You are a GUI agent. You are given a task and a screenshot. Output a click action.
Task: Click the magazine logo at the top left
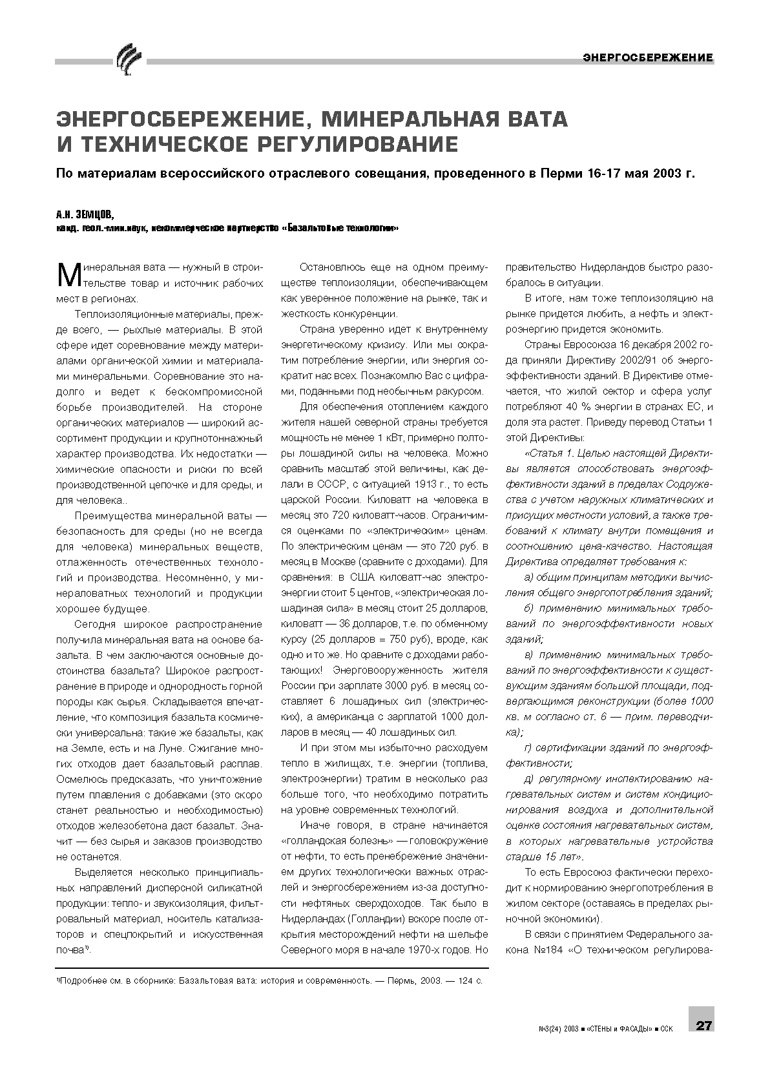[x=128, y=59]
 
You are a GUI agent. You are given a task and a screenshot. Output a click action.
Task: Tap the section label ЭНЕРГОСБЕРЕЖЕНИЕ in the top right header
[x=648, y=58]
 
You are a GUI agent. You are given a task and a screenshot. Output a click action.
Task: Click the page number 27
[x=702, y=1025]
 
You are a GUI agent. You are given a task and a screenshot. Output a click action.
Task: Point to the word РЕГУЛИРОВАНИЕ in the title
[x=358, y=143]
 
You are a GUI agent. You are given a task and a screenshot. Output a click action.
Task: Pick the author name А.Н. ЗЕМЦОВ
[x=85, y=214]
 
